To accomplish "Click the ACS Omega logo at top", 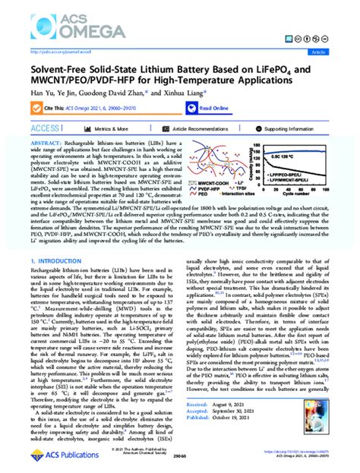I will pyautogui.click(x=49, y=22).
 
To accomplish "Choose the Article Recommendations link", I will pyautogui.click(x=201, y=130).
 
